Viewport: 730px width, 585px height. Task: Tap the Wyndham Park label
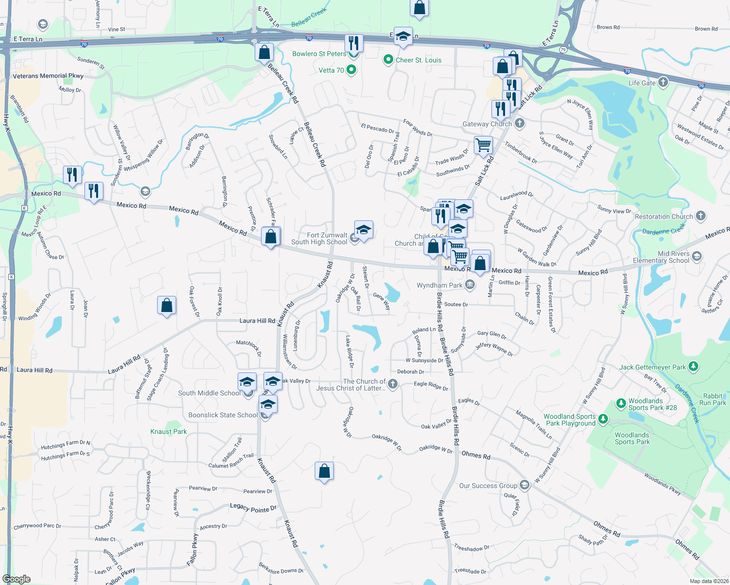439,285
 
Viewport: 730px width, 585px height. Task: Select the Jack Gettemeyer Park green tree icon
693,367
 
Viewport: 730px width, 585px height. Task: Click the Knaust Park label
168,431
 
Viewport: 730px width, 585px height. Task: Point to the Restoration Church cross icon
700,215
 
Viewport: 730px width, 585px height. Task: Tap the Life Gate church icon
663,82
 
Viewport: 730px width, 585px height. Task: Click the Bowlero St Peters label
319,54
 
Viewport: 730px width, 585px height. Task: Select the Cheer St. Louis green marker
388,59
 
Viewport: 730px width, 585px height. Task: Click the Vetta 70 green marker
351,70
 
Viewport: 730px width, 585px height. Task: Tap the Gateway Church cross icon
520,123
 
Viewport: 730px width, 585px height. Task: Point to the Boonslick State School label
223,415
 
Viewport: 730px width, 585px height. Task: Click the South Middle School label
209,393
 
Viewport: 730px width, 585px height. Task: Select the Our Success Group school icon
525,485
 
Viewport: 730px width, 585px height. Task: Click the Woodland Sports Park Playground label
569,420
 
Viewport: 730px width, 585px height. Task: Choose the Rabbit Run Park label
712,399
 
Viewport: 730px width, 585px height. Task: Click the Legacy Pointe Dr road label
253,508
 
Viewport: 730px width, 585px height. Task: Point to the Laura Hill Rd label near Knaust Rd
257,321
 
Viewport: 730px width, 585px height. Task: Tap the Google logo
16,579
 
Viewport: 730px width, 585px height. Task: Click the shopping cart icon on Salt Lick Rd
483,144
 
